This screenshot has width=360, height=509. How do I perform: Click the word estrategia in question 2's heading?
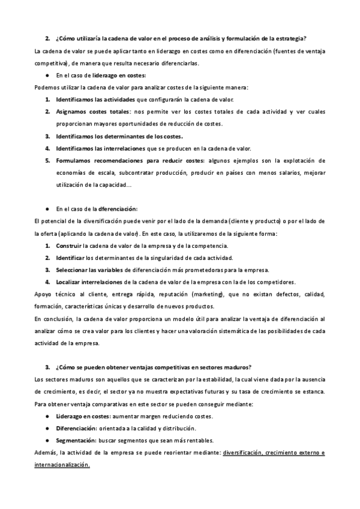click(290, 39)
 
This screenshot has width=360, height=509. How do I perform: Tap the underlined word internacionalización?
click(62, 465)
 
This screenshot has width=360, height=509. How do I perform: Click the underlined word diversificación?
click(242, 453)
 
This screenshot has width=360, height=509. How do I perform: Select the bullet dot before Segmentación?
click(47, 441)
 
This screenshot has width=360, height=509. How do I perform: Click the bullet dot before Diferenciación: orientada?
click(47, 429)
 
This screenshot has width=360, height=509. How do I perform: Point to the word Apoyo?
click(44, 295)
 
